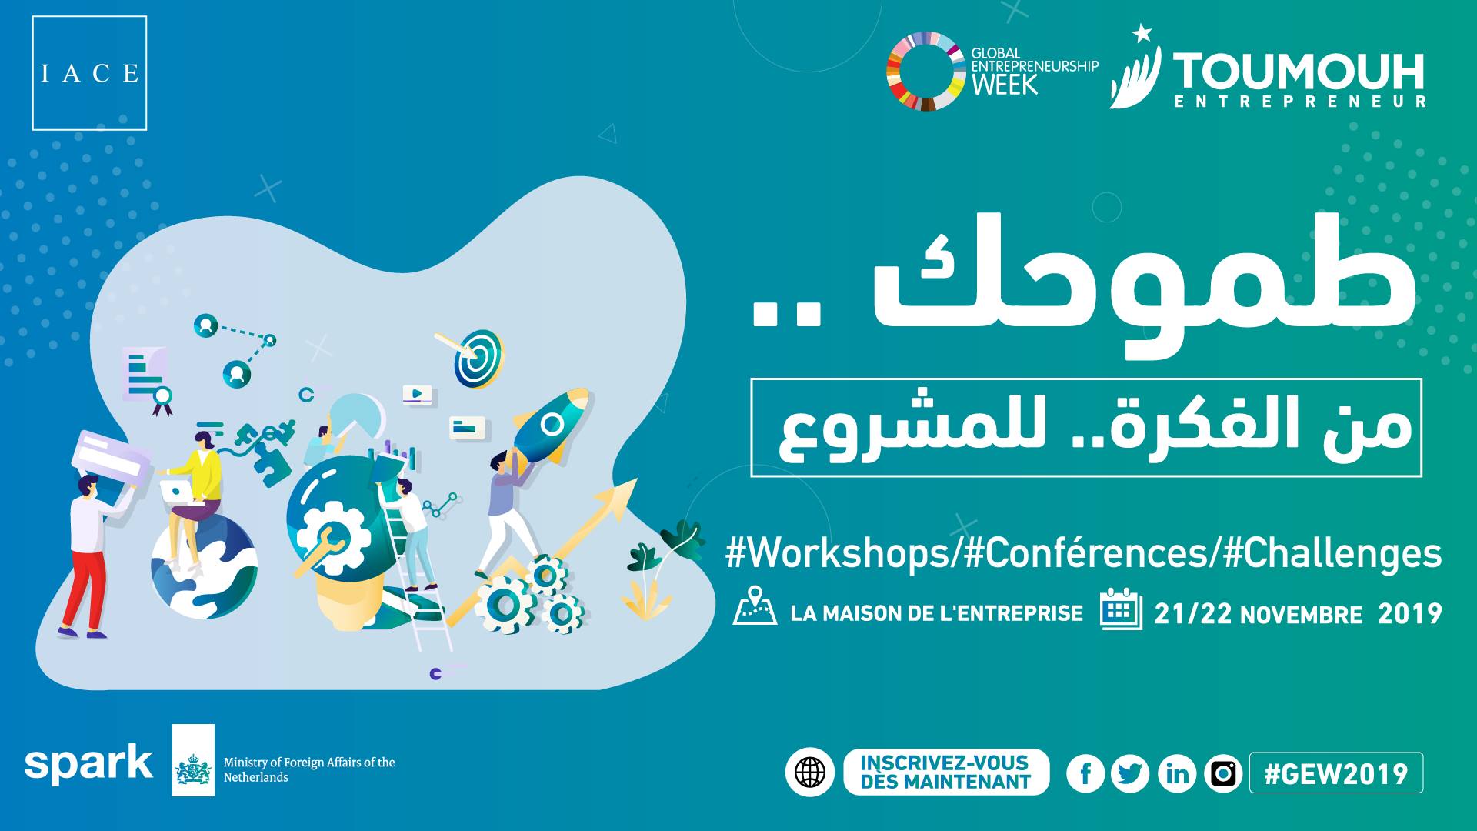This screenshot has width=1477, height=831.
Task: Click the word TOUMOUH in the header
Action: click(1299, 72)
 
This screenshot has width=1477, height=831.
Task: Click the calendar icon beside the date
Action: click(1121, 609)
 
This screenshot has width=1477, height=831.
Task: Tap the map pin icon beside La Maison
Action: click(755, 606)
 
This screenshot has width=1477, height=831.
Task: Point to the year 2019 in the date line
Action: click(1409, 613)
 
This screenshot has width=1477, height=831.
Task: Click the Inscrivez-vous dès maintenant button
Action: click(946, 772)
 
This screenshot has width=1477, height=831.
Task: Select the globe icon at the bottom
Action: click(810, 772)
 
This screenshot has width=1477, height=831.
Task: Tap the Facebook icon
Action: click(1085, 773)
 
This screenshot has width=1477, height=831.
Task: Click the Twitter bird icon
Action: click(1130, 773)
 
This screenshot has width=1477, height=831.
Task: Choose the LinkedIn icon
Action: click(1177, 773)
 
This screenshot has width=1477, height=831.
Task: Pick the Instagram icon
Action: click(1223, 773)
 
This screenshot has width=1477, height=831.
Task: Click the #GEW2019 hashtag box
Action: click(1336, 773)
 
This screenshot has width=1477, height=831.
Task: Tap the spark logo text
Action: click(88, 763)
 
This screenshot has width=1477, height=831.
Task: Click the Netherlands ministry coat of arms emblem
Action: click(193, 771)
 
